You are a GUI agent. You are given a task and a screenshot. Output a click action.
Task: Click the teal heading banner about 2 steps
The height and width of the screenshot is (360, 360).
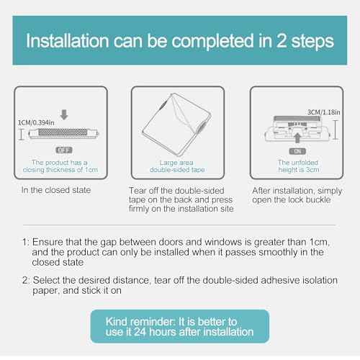tap(180, 40)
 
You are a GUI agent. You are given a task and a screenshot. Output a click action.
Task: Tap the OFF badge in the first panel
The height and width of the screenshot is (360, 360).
tap(63, 149)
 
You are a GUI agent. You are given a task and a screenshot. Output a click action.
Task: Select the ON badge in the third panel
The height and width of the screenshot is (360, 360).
tap(297, 151)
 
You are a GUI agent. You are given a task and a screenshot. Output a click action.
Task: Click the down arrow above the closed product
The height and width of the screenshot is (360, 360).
tap(63, 113)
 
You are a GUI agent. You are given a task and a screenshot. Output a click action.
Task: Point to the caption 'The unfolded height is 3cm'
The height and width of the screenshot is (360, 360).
tap(297, 166)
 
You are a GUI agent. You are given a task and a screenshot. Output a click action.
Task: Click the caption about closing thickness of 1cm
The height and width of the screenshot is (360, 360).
tap(61, 166)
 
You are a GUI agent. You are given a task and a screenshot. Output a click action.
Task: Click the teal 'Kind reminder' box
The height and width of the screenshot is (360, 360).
tap(180, 325)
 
